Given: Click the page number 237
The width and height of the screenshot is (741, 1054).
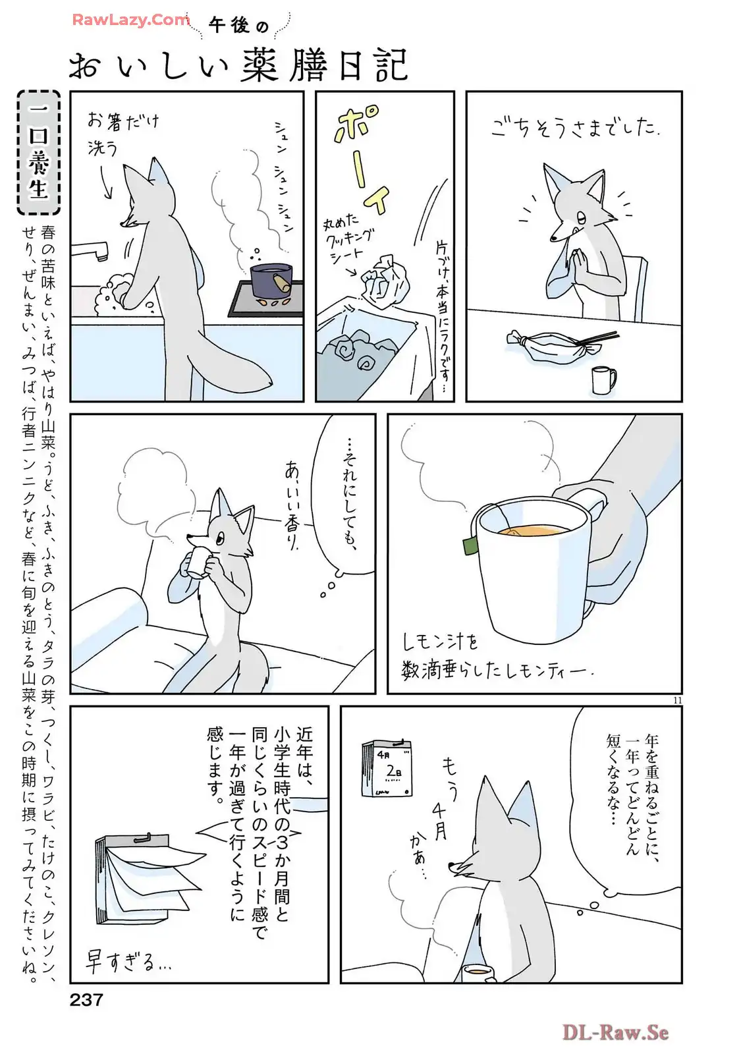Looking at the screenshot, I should click(x=86, y=1000).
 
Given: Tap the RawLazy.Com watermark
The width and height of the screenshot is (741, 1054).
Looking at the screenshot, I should click(x=131, y=20).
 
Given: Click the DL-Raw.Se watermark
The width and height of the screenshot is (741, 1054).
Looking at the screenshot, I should click(x=615, y=1032).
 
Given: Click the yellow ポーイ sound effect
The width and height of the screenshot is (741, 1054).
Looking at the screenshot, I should click(x=361, y=158).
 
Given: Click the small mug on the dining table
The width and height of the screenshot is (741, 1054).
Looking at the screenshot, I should click(x=603, y=380).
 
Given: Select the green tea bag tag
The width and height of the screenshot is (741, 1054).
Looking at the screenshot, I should click(x=470, y=545).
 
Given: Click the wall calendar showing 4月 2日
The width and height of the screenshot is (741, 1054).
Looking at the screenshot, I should click(x=387, y=768).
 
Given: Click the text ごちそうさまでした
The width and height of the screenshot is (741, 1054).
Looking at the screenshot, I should click(x=574, y=126).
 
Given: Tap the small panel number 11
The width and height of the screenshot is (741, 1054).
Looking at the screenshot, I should click(x=678, y=700).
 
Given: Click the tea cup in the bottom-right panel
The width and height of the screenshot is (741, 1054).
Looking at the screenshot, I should click(x=477, y=972).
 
